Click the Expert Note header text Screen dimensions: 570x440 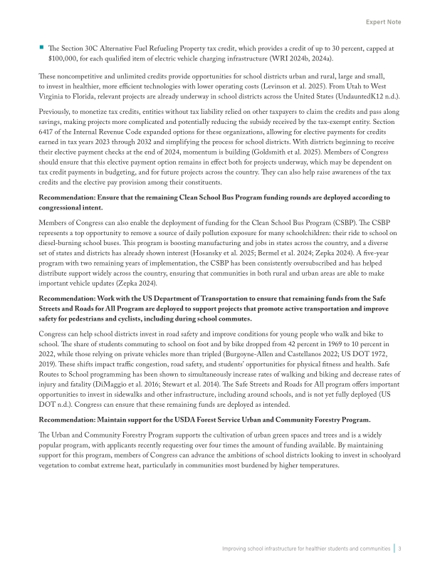(383, 22)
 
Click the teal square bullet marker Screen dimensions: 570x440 (41, 48)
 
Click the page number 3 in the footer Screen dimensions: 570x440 (400, 549)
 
